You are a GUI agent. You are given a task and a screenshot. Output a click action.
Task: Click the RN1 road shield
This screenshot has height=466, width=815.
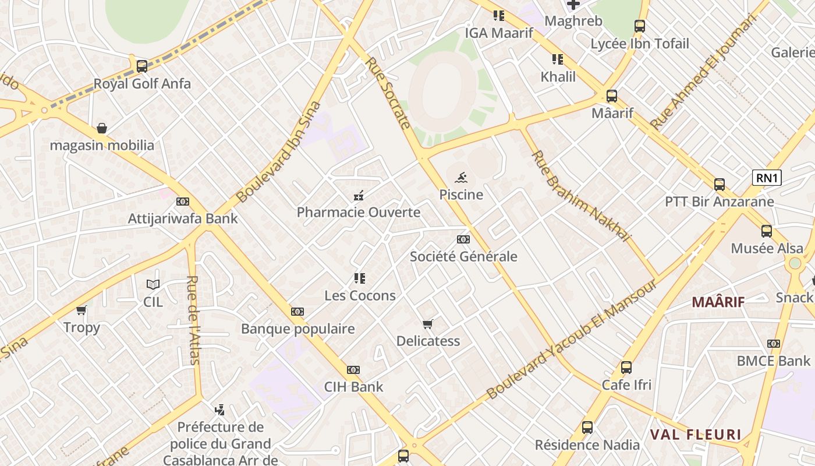point(767,178)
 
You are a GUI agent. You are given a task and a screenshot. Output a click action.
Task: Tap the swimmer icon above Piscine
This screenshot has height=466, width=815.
point(461,177)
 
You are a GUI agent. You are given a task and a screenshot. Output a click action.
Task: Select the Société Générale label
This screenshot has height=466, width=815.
point(463,256)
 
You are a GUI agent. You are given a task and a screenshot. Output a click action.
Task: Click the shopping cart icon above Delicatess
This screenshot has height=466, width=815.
point(428,324)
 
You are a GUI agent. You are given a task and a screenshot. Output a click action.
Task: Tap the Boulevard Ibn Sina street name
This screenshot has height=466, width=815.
point(279,153)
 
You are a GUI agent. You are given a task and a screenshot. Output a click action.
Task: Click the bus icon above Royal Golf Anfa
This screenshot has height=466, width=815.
point(141,66)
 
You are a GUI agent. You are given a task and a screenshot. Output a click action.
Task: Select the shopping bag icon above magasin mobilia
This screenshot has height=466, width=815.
point(102,128)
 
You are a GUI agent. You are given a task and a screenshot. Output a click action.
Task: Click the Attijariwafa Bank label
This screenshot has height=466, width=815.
point(183,218)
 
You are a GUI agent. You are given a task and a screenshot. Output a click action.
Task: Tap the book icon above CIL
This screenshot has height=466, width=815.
point(153,284)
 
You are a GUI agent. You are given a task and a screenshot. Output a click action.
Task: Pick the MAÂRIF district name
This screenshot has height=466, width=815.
point(718,302)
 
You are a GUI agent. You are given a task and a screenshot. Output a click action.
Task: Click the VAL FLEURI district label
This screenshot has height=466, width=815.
point(696,435)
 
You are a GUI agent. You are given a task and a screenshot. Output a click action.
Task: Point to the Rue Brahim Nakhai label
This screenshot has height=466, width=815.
point(580,196)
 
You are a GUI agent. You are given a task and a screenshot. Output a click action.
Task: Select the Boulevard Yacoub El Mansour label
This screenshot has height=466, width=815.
point(572,340)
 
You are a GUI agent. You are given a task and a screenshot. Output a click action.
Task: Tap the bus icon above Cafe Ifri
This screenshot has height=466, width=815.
point(626,368)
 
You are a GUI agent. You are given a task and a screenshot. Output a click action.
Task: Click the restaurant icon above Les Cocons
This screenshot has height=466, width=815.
point(360,278)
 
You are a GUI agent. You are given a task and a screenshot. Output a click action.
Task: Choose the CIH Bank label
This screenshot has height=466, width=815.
point(353,387)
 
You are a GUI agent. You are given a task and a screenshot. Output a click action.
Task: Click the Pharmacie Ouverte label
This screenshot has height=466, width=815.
point(359,212)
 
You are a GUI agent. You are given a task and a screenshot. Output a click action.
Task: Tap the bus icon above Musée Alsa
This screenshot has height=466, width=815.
point(767,231)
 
